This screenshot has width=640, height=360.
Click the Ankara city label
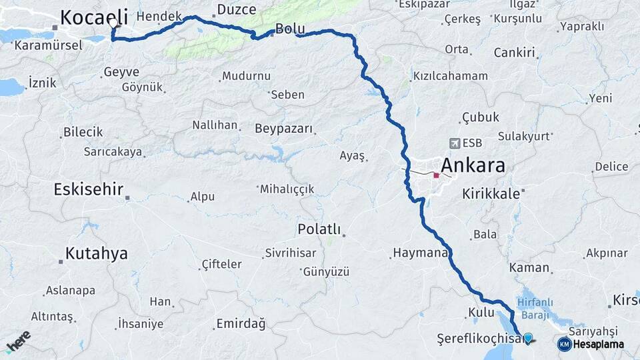(x=473, y=166)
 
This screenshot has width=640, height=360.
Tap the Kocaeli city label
(x=93, y=18)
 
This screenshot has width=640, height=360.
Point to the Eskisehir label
(x=88, y=190)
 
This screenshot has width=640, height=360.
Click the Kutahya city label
(x=97, y=253)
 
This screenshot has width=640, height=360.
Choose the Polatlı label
(x=319, y=229)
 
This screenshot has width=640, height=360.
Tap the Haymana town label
(x=419, y=253)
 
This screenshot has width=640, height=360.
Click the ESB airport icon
(x=455, y=143)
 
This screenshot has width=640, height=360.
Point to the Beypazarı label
(x=283, y=128)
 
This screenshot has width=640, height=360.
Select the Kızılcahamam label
(x=451, y=76)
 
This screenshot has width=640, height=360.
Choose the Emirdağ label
(x=241, y=324)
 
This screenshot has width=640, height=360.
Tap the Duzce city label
(x=236, y=9)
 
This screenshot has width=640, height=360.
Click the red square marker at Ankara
(x=436, y=176)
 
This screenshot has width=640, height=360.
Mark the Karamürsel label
(x=48, y=45)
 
